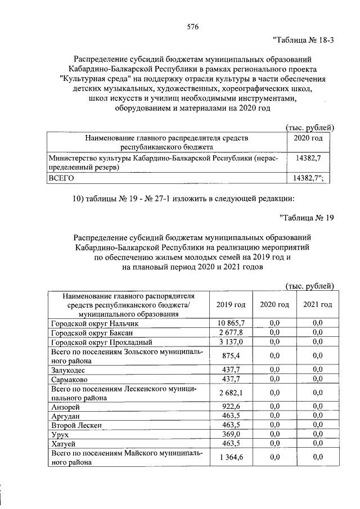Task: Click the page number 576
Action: [x=193, y=26]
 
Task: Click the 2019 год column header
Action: [x=231, y=304]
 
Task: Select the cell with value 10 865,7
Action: [x=231, y=323]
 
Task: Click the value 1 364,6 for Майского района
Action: [x=231, y=457]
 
